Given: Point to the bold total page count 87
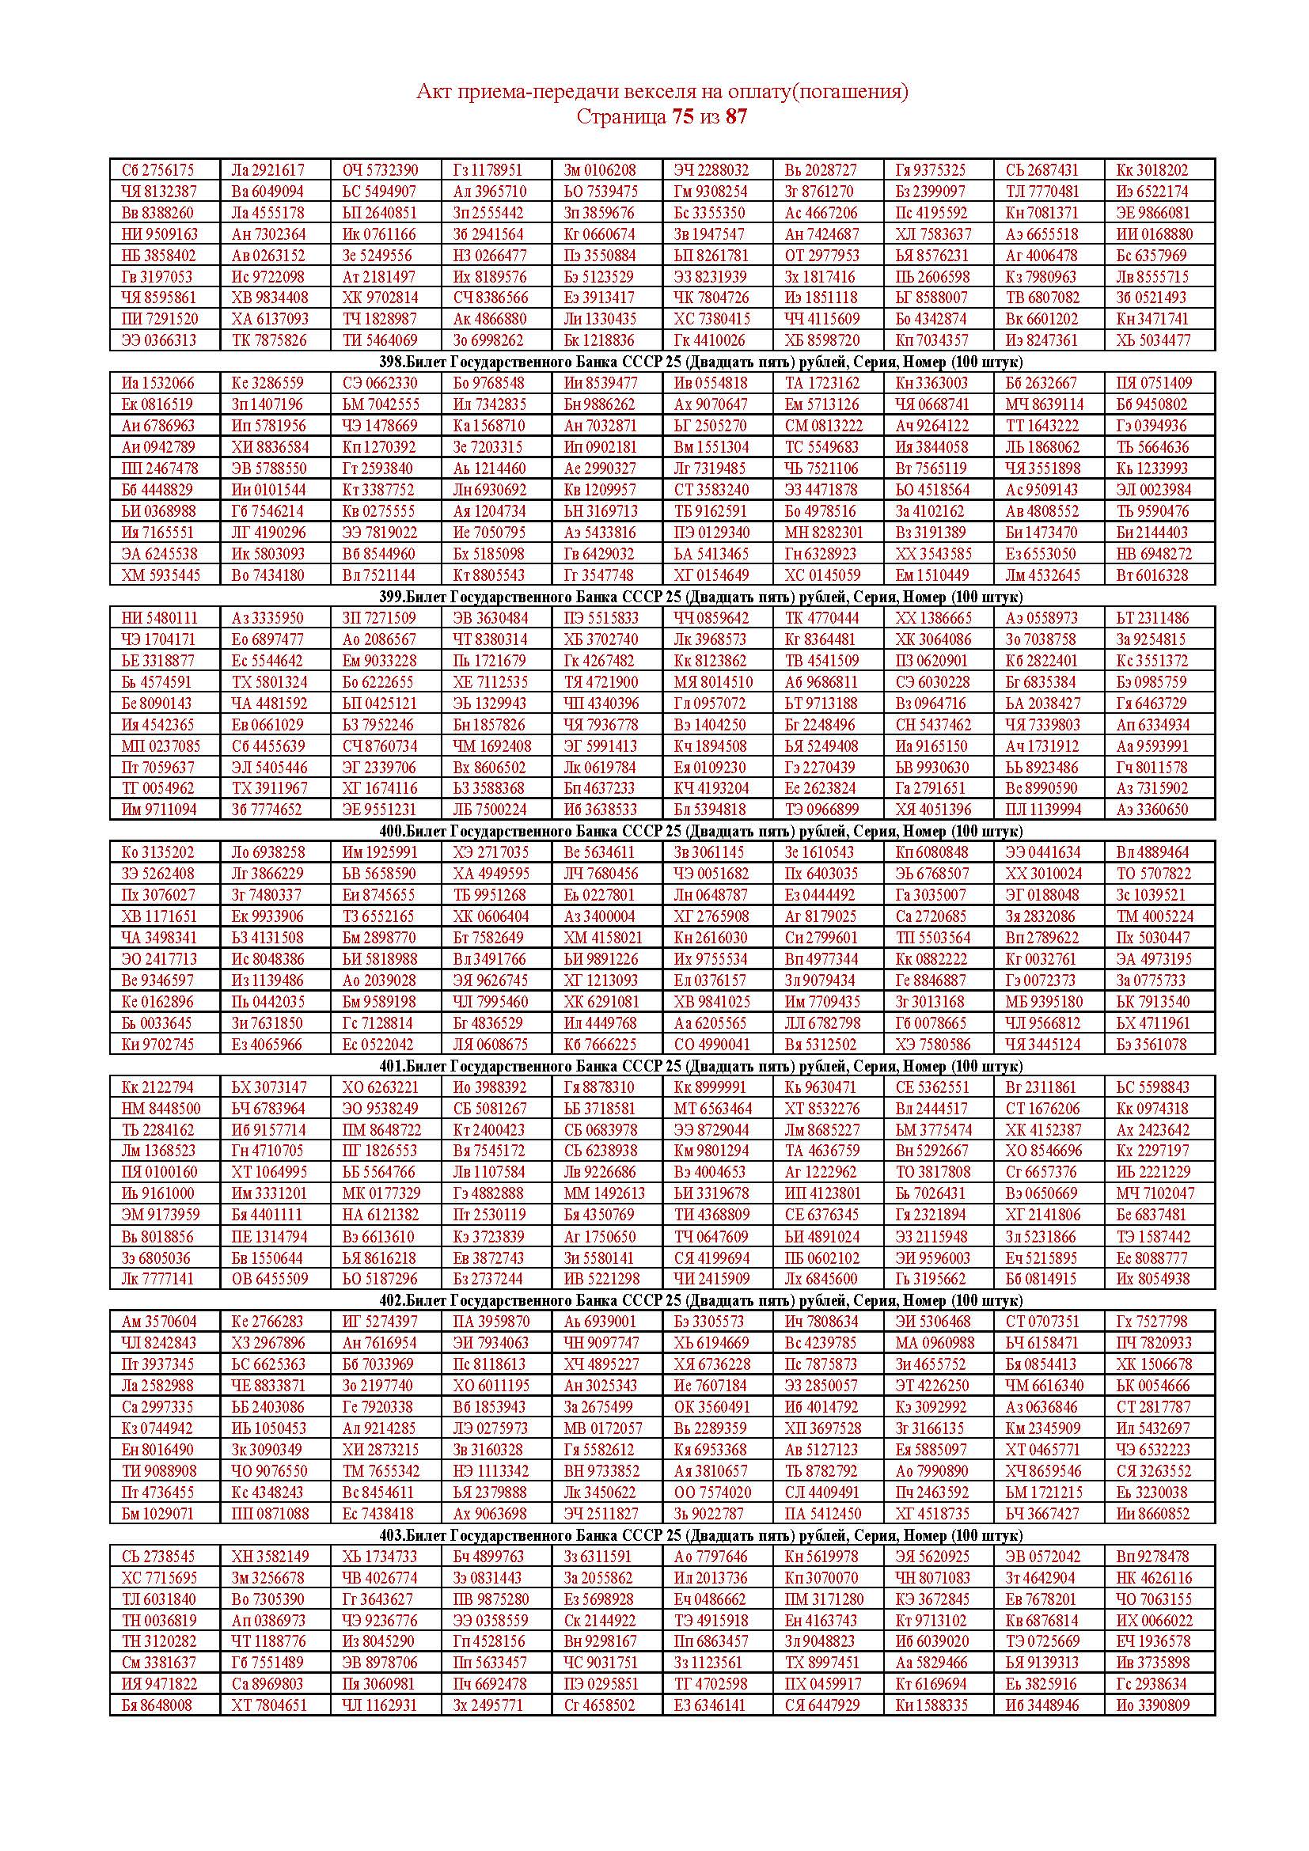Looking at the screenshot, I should [x=736, y=117].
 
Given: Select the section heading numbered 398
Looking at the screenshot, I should [x=661, y=361].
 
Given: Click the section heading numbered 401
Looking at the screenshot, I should [x=661, y=1066].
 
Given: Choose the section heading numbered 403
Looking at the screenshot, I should [x=661, y=1535].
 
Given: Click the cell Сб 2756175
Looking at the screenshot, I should [x=158, y=170].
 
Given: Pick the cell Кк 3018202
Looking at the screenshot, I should [x=1152, y=170].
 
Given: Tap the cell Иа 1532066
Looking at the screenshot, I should [x=158, y=383].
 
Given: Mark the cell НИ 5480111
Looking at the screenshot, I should [x=158, y=618].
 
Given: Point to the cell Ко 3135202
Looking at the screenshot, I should [x=158, y=852].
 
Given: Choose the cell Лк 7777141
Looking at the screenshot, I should [x=158, y=1279].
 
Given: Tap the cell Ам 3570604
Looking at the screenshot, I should [x=158, y=1322].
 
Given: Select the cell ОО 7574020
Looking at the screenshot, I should [x=712, y=1493].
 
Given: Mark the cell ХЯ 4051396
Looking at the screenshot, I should [x=933, y=809].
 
